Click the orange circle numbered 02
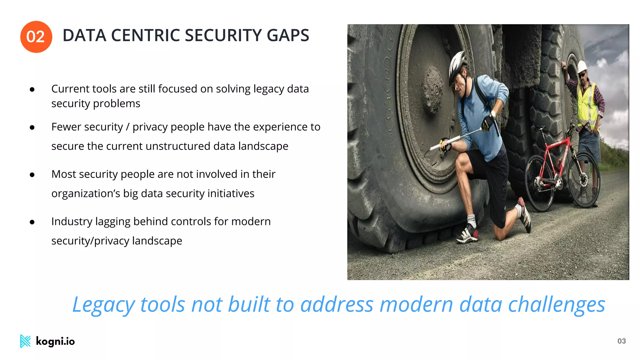click(x=36, y=37)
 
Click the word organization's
click(x=86, y=194)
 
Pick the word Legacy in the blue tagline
click(x=103, y=305)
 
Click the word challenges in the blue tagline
click(x=557, y=305)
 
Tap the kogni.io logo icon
click(x=25, y=341)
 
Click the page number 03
click(x=621, y=341)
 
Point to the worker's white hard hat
click(x=582, y=67)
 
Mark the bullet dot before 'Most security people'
click(x=32, y=175)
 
